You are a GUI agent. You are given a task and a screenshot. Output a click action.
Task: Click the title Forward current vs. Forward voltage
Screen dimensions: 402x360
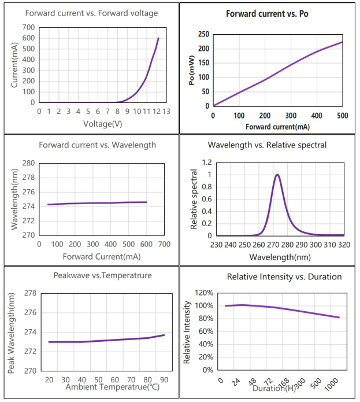(x=92, y=13)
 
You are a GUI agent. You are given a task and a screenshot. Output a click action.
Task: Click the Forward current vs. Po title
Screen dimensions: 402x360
(x=267, y=13)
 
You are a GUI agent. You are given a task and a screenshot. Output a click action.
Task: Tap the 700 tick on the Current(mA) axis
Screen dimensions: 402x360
(x=28, y=27)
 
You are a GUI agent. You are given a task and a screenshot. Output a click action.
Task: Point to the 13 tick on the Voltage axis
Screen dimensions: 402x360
(x=166, y=111)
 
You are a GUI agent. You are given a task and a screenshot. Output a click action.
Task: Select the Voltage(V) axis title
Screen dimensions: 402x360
(x=102, y=123)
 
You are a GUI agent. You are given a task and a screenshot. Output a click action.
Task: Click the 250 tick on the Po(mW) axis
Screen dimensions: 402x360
(x=203, y=34)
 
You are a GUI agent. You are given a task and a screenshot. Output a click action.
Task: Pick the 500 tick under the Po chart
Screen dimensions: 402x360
(x=342, y=116)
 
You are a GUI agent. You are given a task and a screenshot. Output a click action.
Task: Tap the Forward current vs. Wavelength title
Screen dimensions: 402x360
(x=97, y=145)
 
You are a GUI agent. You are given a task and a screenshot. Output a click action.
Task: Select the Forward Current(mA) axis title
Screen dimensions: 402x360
(x=101, y=256)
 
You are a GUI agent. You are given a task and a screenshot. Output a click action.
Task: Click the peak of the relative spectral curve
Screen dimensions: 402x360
(x=277, y=175)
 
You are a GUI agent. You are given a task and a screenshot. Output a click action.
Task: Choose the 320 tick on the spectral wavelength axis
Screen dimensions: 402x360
(x=344, y=245)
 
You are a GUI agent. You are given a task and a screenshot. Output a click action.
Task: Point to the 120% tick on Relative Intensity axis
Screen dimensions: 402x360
(x=205, y=293)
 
